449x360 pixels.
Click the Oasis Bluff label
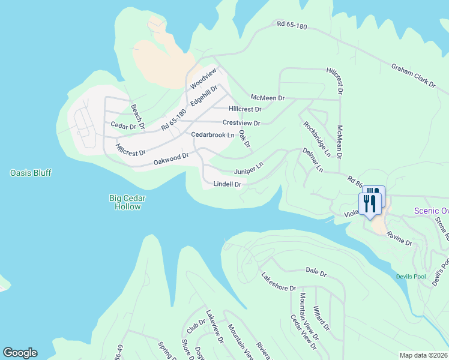click(31, 173)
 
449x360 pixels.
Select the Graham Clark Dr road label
click(413, 77)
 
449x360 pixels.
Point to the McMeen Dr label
click(267, 97)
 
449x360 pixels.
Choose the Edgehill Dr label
click(203, 96)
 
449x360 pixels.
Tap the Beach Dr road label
click(138, 117)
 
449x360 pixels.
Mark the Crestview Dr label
click(241, 123)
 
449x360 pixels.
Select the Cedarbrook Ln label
click(212, 135)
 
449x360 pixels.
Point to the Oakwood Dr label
click(171, 158)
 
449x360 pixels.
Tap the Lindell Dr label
click(228, 184)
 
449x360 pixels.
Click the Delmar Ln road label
click(313, 161)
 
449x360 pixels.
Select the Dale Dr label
click(315, 273)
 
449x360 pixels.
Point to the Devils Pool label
click(410, 277)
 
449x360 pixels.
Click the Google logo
click(20, 353)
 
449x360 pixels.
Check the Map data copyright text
click(423, 355)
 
